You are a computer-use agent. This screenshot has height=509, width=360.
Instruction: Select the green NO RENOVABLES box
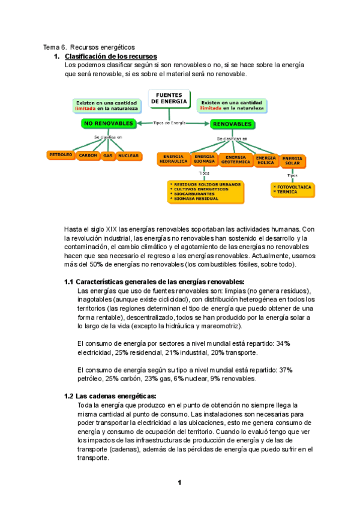click(x=109, y=124)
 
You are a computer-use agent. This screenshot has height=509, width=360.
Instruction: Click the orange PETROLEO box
click(x=61, y=155)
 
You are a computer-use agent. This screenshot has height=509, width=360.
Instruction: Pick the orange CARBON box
click(x=88, y=155)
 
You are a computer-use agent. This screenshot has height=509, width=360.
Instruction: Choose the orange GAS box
click(x=108, y=155)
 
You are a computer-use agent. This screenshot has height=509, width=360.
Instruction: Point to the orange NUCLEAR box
click(x=128, y=155)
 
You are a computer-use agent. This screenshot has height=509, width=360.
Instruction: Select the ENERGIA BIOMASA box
click(x=205, y=159)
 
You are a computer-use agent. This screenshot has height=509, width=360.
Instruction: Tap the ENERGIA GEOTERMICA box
click(x=236, y=159)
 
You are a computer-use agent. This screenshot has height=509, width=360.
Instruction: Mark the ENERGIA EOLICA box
click(x=266, y=159)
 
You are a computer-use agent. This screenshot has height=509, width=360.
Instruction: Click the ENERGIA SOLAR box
click(x=292, y=159)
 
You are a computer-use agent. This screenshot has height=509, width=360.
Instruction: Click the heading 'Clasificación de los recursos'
click(x=110, y=56)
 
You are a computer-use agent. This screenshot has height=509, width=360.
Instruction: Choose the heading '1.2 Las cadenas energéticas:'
click(x=110, y=396)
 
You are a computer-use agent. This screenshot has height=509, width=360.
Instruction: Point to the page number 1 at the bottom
click(x=179, y=483)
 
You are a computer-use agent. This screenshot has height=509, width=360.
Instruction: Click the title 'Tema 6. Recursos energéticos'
click(x=89, y=47)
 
